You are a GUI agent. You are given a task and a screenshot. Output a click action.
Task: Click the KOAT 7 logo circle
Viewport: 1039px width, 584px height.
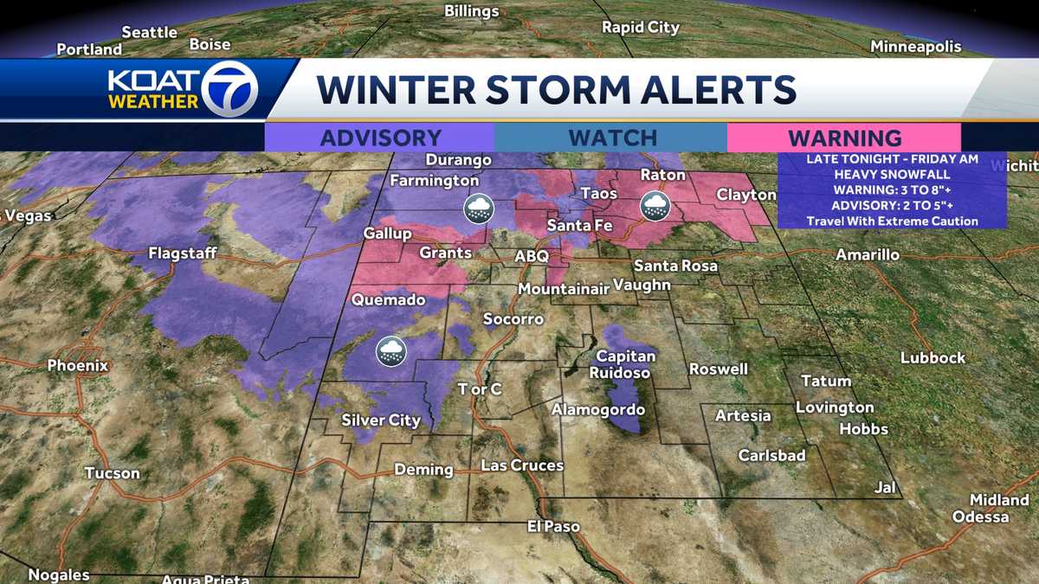point(229,89)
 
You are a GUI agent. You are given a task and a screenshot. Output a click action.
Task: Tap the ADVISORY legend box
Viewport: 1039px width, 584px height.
point(380,138)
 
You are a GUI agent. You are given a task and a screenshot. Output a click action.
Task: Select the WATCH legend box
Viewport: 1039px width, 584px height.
point(612,138)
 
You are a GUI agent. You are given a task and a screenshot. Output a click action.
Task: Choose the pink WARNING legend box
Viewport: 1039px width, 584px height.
point(844,138)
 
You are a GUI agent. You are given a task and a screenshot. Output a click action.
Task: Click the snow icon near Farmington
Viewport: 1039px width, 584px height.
point(478,208)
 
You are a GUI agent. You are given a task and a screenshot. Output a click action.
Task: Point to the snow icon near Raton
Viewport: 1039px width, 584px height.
point(654,205)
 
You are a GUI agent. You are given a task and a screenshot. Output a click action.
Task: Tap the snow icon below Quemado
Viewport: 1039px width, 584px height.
point(390,351)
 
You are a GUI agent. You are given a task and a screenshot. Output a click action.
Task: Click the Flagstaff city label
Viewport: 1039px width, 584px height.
point(182,253)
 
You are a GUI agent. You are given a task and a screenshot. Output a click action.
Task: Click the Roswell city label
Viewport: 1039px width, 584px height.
point(718,369)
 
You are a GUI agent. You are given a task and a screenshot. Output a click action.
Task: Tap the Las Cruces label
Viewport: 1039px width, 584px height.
point(522,465)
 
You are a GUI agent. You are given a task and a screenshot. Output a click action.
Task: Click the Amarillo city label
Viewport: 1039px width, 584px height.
point(867,255)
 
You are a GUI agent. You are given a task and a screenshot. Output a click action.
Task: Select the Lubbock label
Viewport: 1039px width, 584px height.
point(933,357)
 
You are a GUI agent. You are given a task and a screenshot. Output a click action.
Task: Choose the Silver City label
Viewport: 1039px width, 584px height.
point(381,420)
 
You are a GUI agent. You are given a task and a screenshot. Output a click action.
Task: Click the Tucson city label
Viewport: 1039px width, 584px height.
point(112,473)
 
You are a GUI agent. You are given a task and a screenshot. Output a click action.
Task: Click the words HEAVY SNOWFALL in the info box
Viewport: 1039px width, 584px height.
point(892,174)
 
